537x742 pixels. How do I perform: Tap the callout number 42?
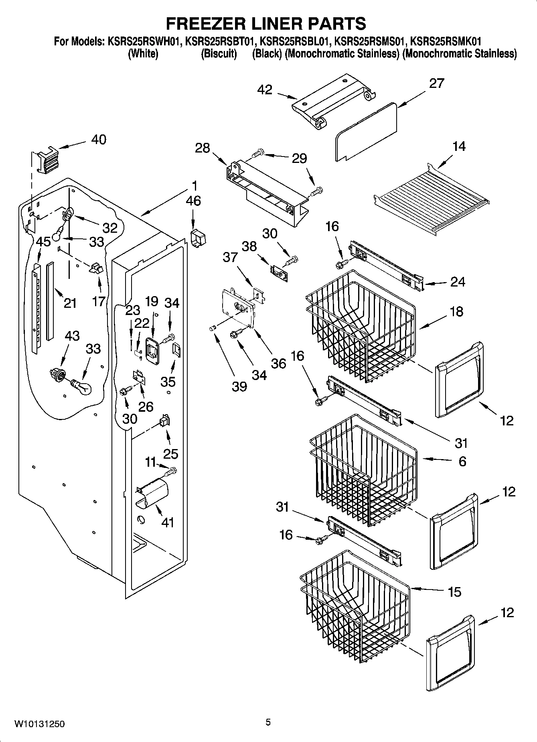coord(265,89)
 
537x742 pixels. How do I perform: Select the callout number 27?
coord(436,83)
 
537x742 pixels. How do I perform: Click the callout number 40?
coord(99,140)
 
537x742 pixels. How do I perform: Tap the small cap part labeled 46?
coord(198,238)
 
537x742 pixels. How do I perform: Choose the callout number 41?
coord(167,522)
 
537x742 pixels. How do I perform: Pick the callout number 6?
coord(462,461)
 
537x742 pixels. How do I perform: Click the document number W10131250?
coord(39,724)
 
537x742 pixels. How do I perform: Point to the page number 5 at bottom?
coord(268,722)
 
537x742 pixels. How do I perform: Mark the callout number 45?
coord(43,242)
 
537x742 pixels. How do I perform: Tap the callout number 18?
coord(456,311)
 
